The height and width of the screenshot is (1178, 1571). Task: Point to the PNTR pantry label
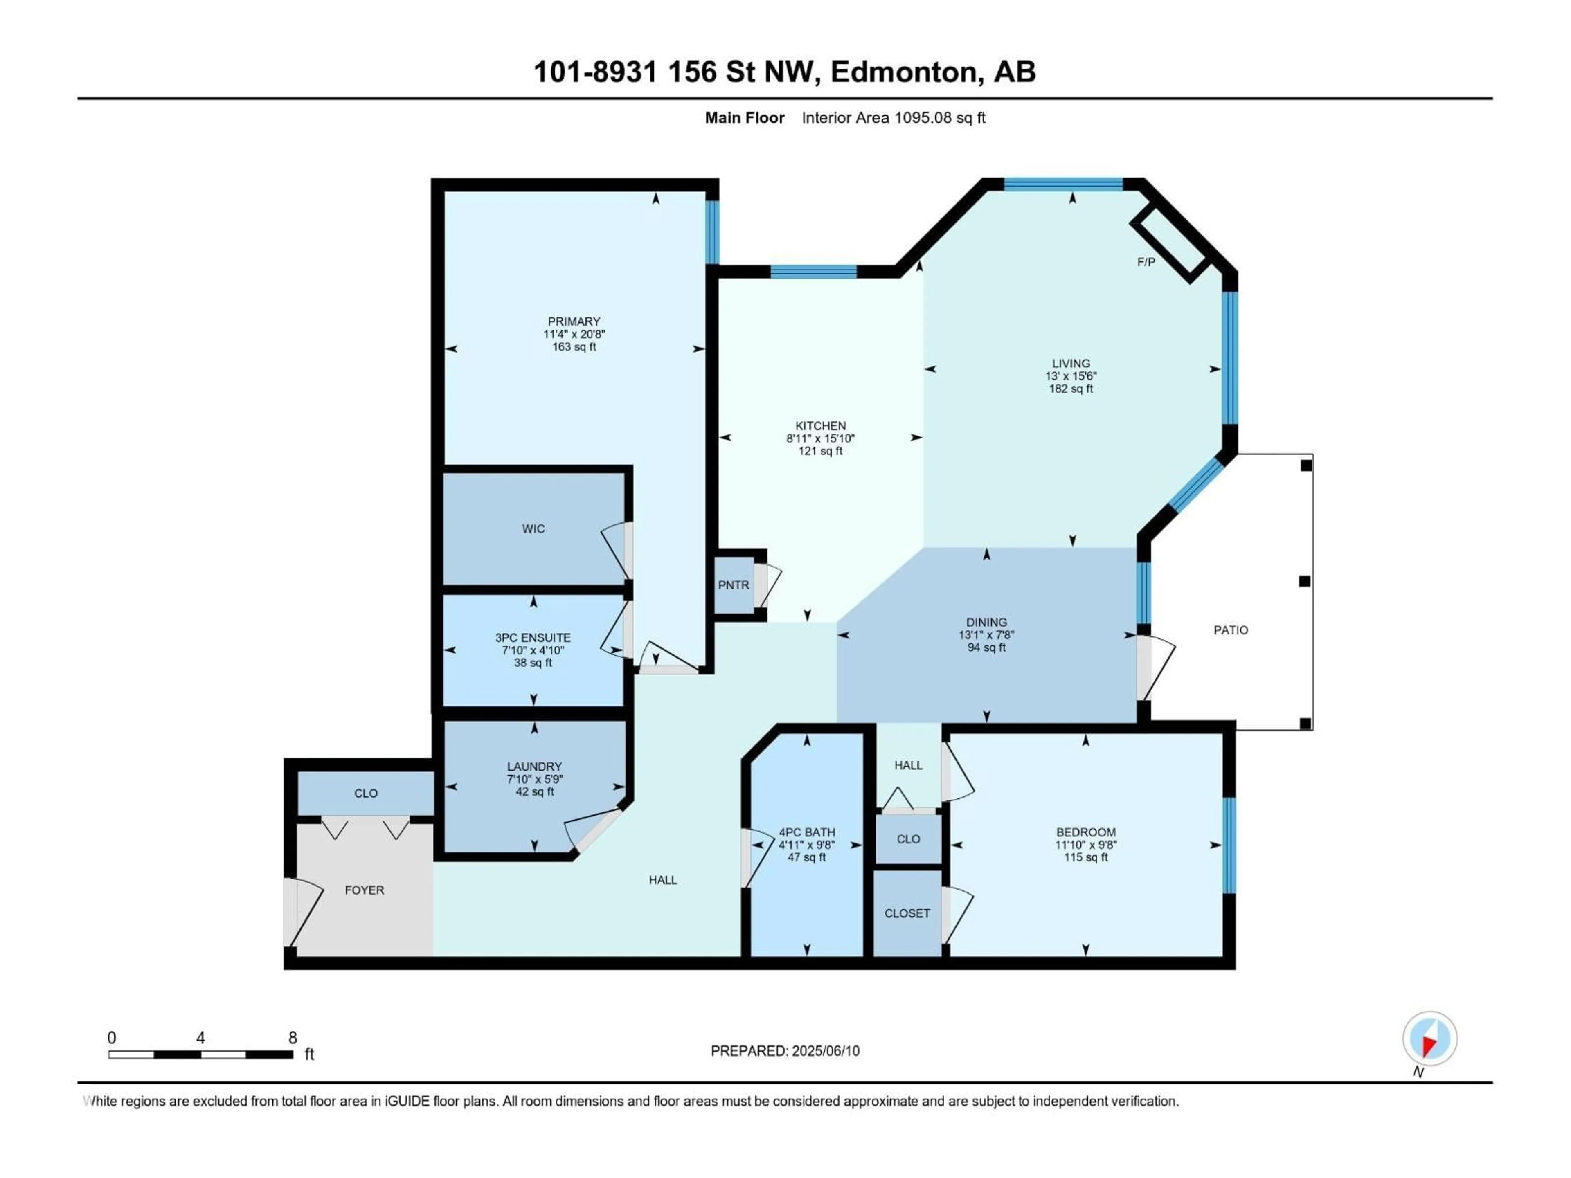[733, 585]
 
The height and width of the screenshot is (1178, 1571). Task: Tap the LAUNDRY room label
[534, 766]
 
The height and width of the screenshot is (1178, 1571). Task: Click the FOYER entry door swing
[304, 913]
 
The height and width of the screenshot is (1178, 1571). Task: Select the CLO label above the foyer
[366, 793]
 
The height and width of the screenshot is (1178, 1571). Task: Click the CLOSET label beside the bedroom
[907, 913]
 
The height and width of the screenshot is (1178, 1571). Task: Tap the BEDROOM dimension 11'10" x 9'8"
[1085, 845]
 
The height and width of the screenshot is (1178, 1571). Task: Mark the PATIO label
[1230, 630]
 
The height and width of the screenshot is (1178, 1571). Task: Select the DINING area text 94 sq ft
[986, 647]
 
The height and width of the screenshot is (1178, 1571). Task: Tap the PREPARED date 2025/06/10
[824, 1051]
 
